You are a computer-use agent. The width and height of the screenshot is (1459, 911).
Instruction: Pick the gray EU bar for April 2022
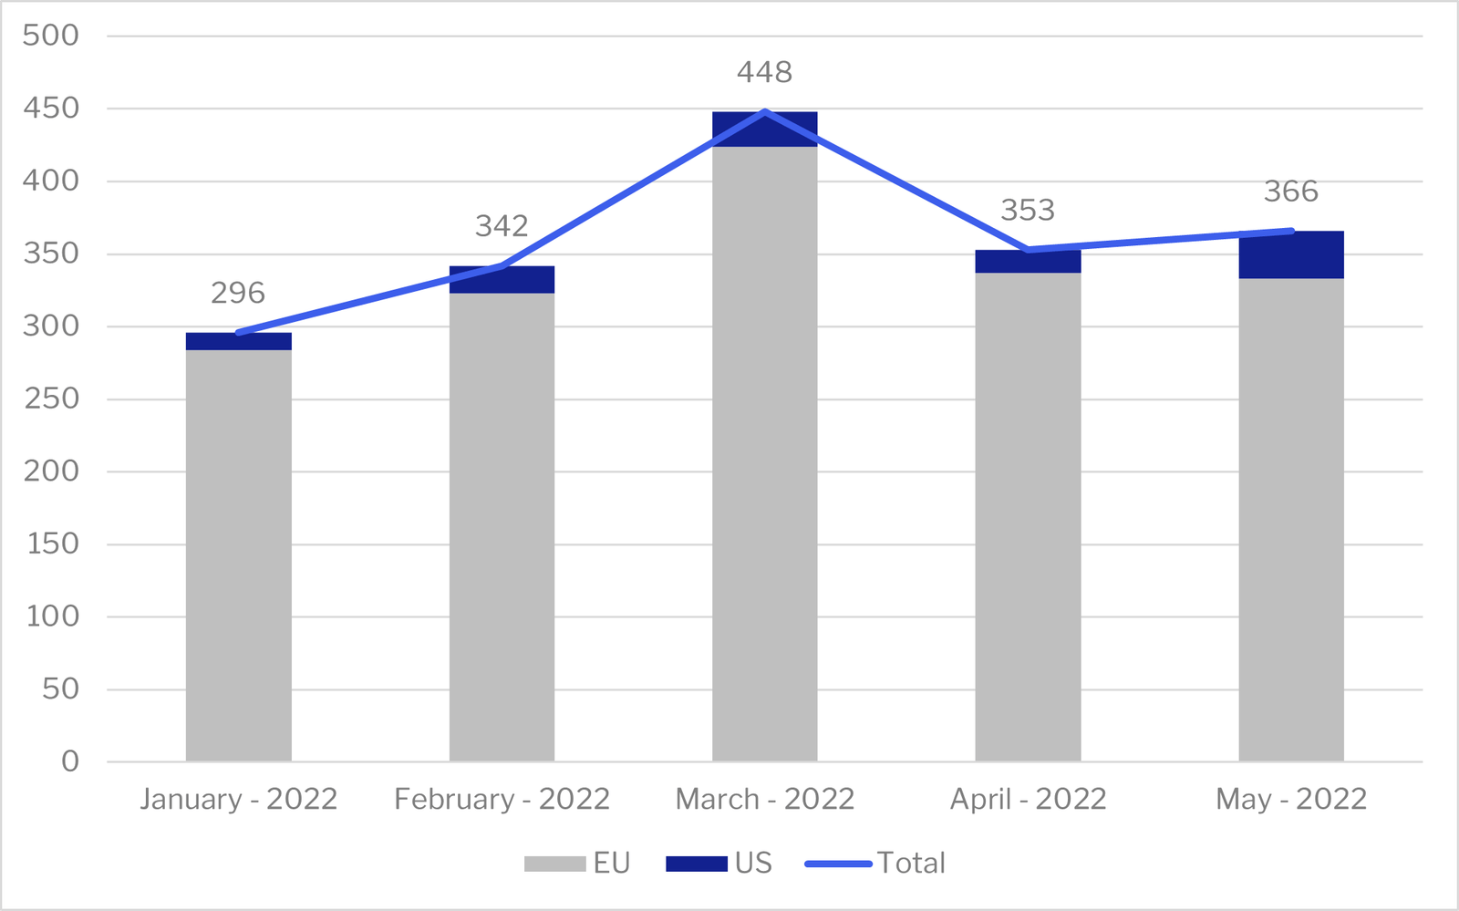tap(1028, 516)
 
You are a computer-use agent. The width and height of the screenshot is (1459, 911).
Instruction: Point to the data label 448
tap(764, 72)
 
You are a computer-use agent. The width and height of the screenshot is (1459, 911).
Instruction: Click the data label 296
tap(238, 293)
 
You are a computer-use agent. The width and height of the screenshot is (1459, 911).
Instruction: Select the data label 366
tap(1290, 192)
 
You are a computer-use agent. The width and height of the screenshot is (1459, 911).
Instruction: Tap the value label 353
tap(1028, 211)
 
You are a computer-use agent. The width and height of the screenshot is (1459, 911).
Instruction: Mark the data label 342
tap(502, 226)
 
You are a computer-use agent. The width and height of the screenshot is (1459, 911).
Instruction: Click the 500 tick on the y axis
tap(51, 36)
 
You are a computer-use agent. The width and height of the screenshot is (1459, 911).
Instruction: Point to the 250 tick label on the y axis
tap(51, 399)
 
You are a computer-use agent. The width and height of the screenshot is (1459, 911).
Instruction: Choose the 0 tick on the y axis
tap(70, 761)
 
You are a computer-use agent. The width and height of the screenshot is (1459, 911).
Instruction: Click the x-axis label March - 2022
tap(764, 799)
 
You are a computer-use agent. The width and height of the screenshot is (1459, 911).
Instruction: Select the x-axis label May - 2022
tap(1290, 799)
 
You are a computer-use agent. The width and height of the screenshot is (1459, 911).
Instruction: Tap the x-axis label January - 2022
tap(238, 799)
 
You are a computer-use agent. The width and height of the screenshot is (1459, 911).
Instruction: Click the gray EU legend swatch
tap(554, 864)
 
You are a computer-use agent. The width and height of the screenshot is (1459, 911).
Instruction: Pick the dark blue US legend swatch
tap(697, 864)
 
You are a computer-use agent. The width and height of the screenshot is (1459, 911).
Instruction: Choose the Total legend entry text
tap(911, 863)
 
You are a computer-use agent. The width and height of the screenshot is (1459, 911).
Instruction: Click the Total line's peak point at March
tap(764, 111)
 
